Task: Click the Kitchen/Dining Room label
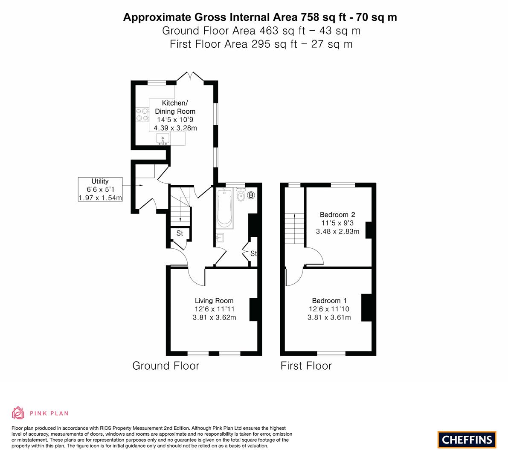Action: coord(175,115)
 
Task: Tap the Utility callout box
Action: coord(100,189)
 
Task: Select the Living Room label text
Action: coord(214,309)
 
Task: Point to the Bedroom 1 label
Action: coord(329,309)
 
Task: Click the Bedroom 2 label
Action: coord(337,223)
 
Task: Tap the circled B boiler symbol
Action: coord(251,195)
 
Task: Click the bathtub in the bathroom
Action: coord(224,208)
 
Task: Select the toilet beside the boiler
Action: coord(241,194)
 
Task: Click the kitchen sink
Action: coord(163,139)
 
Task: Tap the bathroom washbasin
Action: coord(220,238)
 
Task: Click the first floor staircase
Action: coord(295,229)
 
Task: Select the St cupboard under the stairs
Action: coord(180,233)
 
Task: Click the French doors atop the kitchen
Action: coord(190,78)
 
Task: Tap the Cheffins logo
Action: coord(467,440)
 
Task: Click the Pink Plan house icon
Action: coord(18,413)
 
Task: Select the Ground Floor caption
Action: coord(166,366)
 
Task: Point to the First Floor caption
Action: coord(306,366)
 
